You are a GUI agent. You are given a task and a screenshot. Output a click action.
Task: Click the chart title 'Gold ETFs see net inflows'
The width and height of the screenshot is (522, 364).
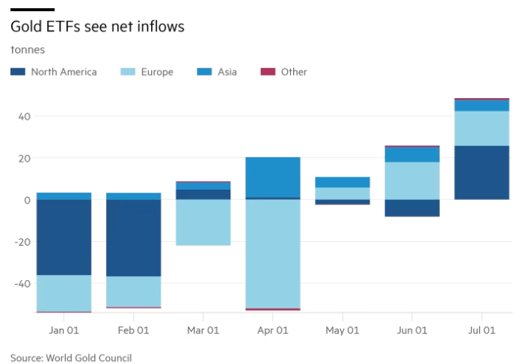(x=97, y=27)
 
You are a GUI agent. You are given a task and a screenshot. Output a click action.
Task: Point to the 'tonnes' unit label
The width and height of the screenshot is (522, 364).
(x=28, y=50)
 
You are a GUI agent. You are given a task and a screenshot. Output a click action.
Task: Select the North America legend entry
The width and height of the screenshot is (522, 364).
(x=55, y=72)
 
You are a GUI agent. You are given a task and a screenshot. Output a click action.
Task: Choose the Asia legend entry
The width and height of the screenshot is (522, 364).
(x=218, y=72)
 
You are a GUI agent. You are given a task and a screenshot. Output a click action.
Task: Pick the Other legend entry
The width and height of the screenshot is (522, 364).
(x=285, y=72)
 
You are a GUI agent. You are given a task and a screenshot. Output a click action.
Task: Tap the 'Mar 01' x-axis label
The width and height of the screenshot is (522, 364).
(x=203, y=330)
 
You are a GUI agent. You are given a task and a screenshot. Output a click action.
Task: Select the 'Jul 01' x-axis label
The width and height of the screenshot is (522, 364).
(x=482, y=330)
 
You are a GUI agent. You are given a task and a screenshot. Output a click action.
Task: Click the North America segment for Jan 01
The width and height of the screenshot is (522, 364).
(x=64, y=237)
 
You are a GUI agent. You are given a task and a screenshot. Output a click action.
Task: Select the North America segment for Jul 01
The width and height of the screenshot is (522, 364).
(x=482, y=172)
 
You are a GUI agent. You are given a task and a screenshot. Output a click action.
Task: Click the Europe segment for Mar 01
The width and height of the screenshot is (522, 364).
(x=203, y=222)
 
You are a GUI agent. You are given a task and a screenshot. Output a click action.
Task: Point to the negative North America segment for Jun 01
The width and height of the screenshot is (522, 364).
(x=412, y=207)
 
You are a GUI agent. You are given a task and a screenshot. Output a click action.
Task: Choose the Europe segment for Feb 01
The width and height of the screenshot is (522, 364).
(x=134, y=291)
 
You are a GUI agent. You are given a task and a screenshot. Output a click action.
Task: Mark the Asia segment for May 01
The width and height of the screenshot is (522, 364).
(x=343, y=182)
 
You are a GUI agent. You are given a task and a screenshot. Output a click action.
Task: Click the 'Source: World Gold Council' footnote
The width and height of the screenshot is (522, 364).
(x=71, y=357)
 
